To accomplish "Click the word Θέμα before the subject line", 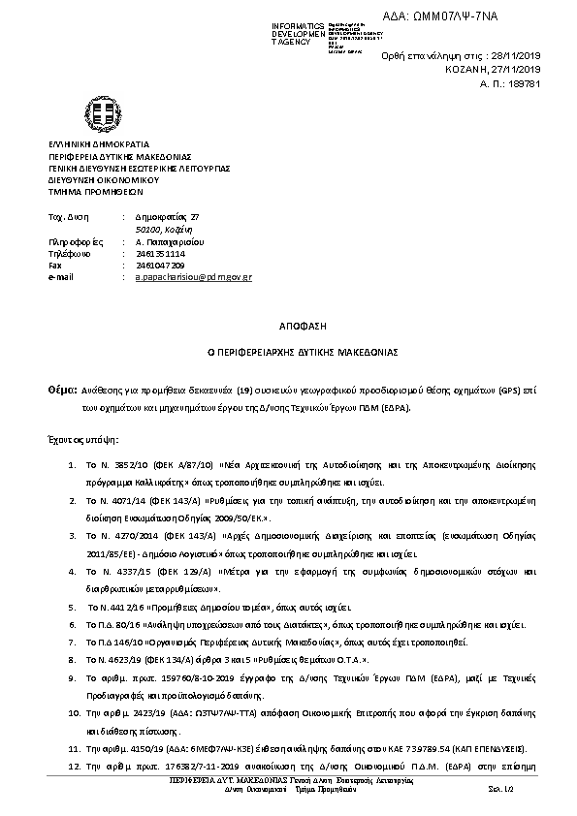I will coord(61,389).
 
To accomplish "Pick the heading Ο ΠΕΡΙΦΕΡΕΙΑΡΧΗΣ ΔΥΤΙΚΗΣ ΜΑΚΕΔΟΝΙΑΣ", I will coord(288,354).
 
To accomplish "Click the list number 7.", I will coord(73,642).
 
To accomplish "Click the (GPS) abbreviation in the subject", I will coord(509,390).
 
